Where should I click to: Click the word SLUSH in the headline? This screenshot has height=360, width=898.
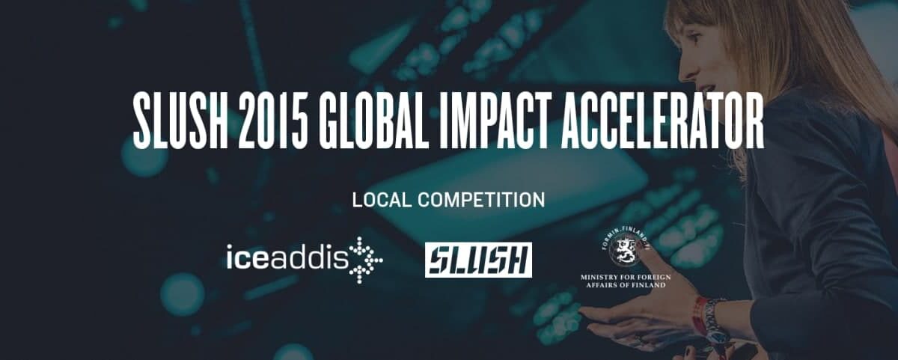pos(180,122)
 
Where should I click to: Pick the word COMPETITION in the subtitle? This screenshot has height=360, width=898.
pos(481,200)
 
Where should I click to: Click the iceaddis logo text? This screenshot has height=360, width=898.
pos(287,257)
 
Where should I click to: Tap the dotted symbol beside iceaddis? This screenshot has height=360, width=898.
pos(366,260)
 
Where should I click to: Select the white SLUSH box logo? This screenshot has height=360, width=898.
pos(478,260)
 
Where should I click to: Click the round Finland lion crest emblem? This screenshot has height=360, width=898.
pos(625,249)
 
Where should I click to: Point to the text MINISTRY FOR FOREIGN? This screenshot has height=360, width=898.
pos(626,277)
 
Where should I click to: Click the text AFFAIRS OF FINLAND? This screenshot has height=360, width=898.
pos(626,285)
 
